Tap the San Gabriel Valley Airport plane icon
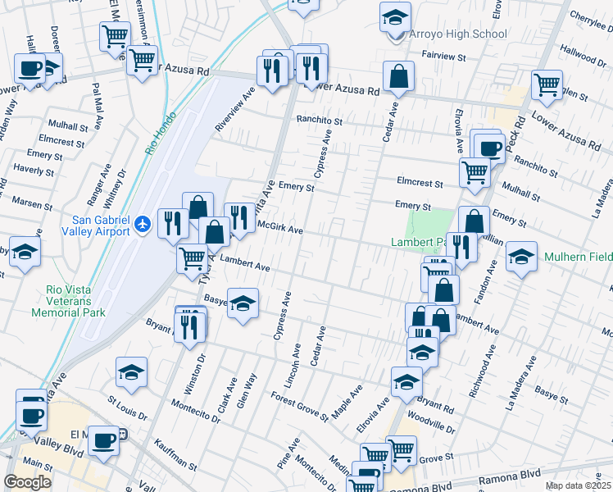click(x=144, y=223)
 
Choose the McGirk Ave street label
click(x=280, y=227)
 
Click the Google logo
click(x=27, y=482)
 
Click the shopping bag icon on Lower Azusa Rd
click(x=398, y=77)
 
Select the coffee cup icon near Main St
click(x=103, y=440)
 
